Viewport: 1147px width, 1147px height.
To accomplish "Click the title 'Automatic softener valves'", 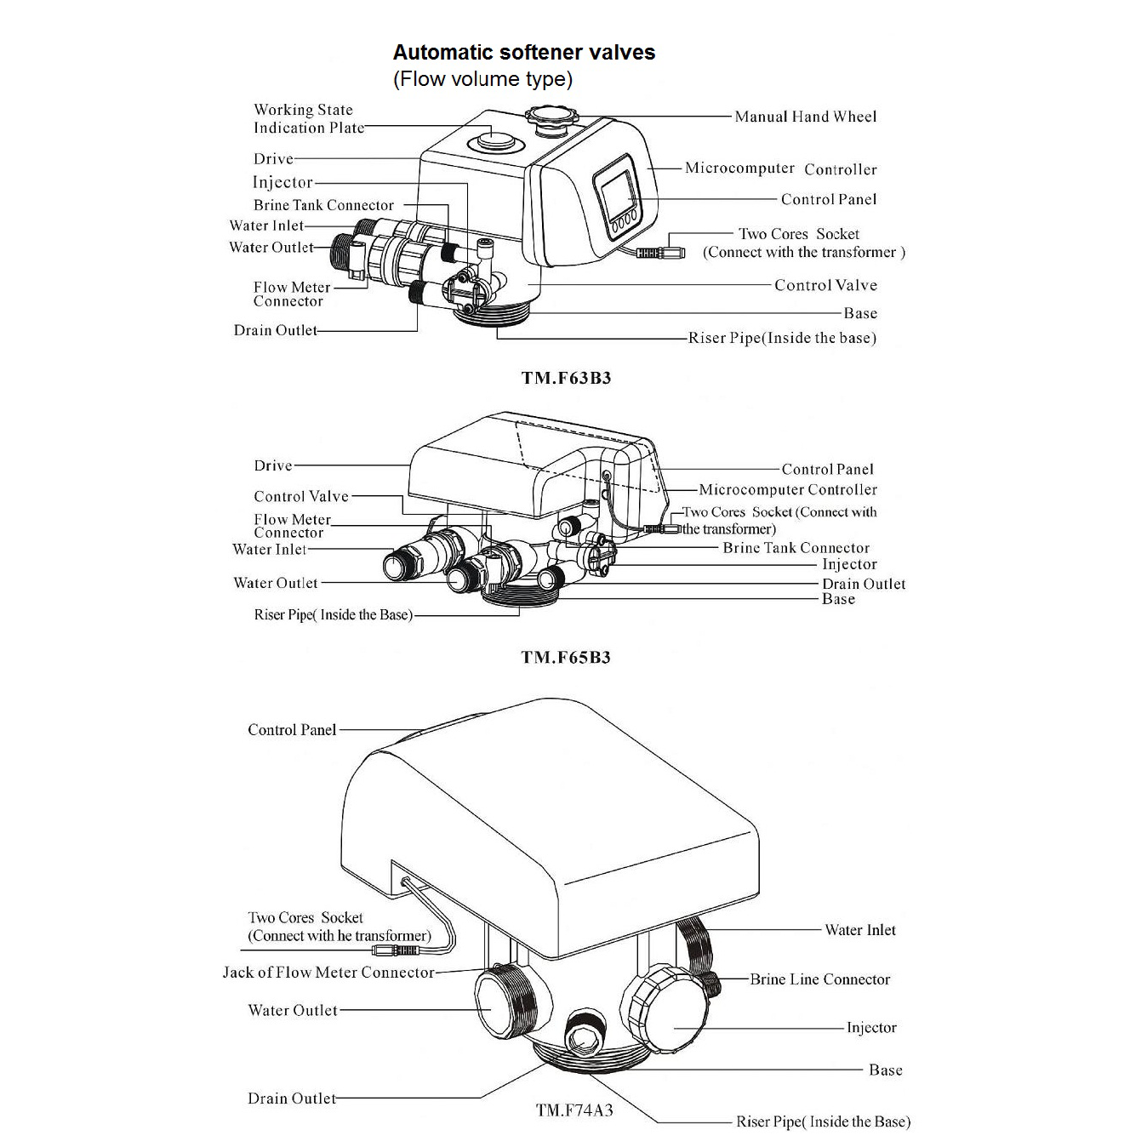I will [x=523, y=53].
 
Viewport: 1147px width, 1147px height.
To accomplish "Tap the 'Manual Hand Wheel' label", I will [x=805, y=117].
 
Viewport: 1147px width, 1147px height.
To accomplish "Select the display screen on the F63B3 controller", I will [x=614, y=191].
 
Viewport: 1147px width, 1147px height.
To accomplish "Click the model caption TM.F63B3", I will [x=566, y=379].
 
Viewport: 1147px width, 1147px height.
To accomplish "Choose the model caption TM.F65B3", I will [x=566, y=658].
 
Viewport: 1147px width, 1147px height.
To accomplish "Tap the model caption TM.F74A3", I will [x=574, y=1110].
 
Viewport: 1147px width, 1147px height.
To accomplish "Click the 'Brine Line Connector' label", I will [x=819, y=979].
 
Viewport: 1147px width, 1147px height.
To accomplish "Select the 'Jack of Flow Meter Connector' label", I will [x=328, y=973].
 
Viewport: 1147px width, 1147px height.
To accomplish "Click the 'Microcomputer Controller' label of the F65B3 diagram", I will [x=788, y=490].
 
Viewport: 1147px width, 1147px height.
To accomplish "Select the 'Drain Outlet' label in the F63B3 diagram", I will [x=276, y=330].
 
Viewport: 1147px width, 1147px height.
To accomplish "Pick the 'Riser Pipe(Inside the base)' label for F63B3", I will [x=782, y=338].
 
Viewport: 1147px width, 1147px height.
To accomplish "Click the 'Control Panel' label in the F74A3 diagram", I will [x=292, y=730].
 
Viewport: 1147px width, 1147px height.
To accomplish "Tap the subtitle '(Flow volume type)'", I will [x=482, y=79].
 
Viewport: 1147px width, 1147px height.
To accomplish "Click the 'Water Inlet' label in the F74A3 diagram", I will [x=860, y=930].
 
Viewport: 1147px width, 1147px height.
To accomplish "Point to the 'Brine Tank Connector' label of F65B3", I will [x=796, y=548].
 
